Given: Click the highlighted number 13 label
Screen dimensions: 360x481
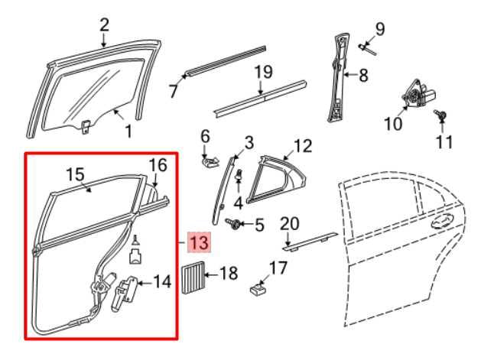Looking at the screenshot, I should click(x=199, y=243).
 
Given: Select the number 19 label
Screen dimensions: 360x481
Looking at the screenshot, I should click(x=263, y=73).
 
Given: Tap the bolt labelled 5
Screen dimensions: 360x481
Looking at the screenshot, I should click(x=235, y=223).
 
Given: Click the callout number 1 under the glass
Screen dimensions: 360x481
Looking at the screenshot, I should click(x=128, y=131).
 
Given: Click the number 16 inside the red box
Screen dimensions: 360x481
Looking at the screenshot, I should click(x=157, y=164).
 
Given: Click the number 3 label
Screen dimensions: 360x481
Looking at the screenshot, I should click(x=249, y=142).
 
